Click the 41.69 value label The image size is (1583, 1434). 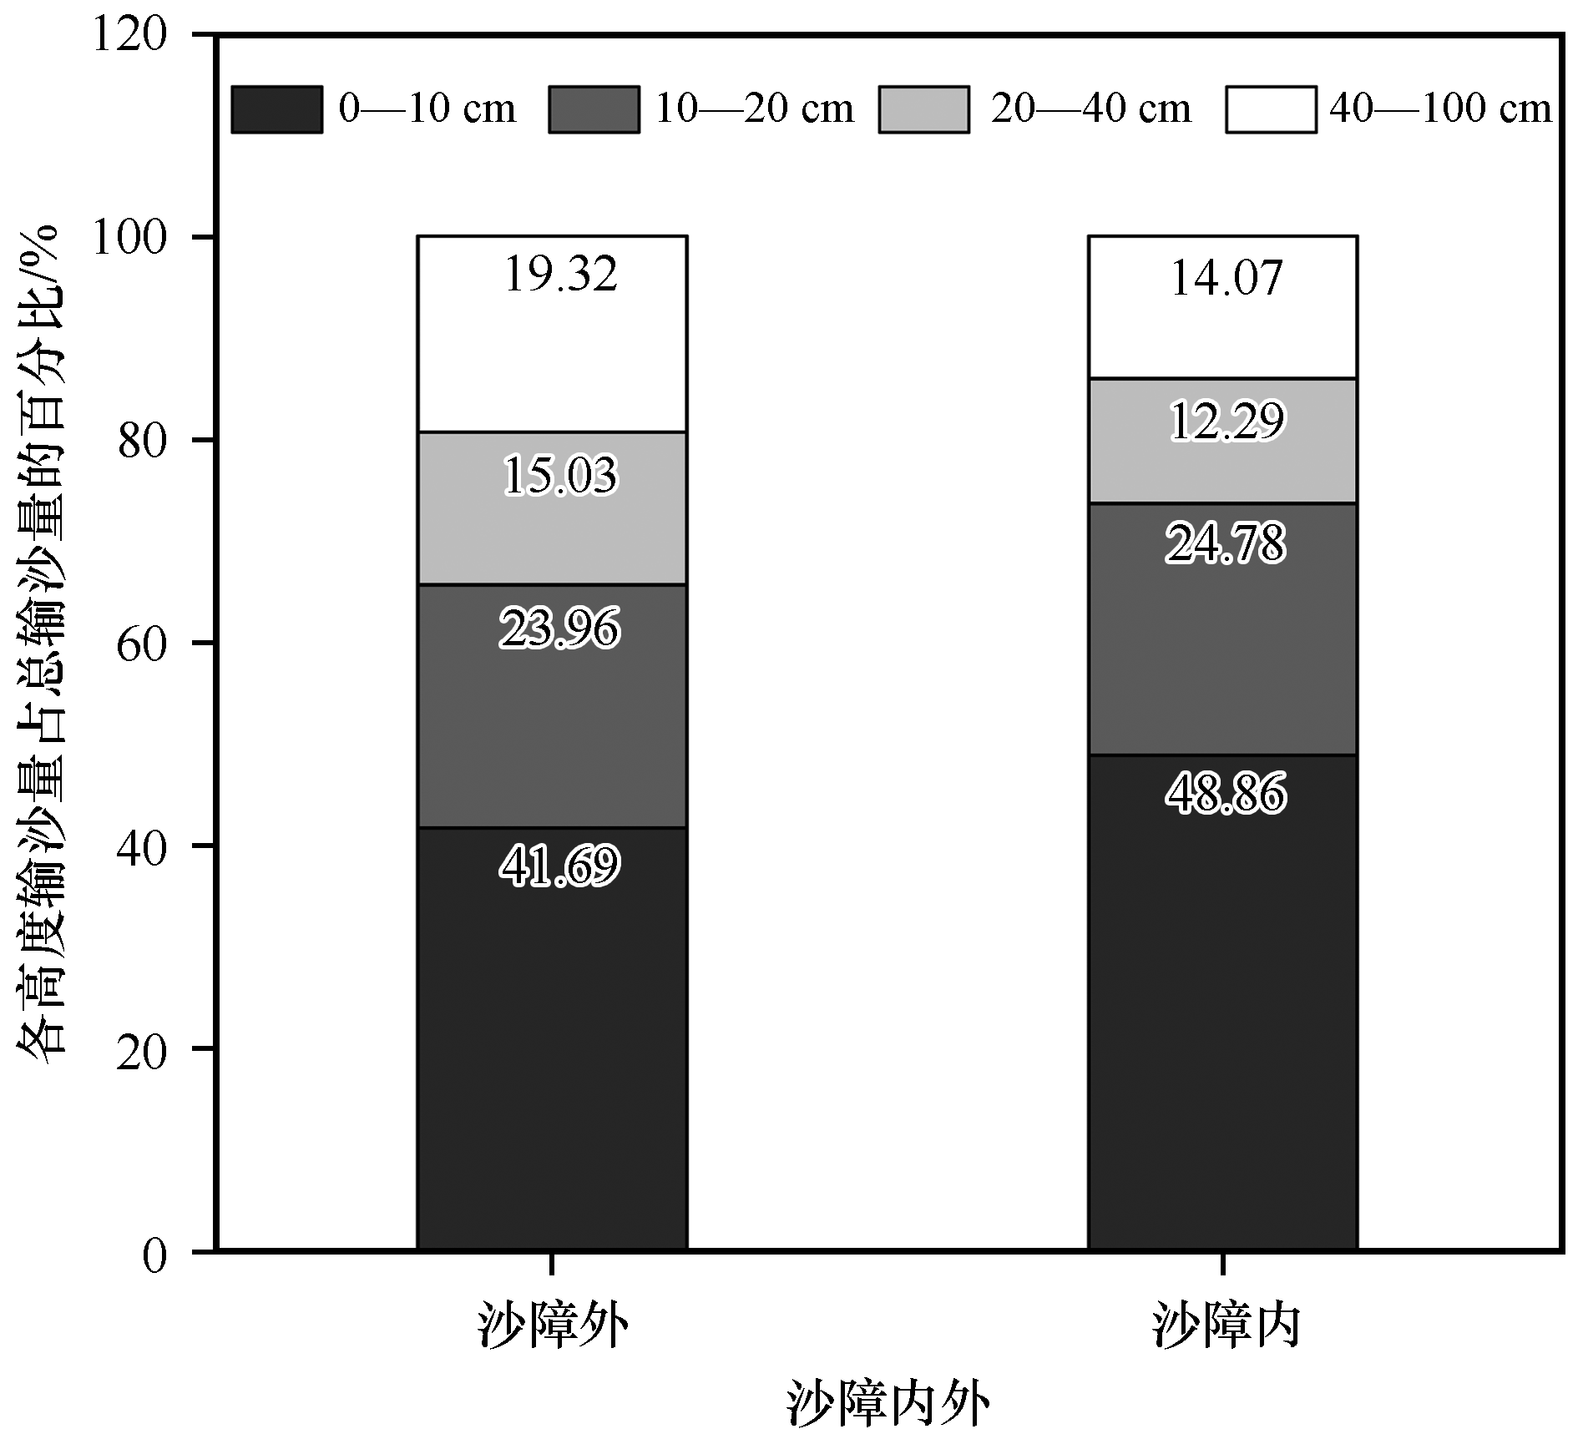coord(559,866)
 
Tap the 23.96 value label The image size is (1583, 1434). coord(559,629)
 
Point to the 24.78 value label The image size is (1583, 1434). coord(1226,543)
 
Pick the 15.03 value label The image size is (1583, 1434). coord(559,475)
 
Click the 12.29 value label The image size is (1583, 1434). coord(1226,422)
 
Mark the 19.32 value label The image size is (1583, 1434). coord(561,275)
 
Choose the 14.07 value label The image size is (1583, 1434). coord(1226,279)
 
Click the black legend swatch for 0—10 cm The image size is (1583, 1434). coord(276,109)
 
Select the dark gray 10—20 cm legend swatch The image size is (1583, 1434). coord(594,109)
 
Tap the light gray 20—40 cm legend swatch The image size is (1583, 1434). coord(923,109)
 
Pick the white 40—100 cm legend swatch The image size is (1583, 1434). coord(1271,109)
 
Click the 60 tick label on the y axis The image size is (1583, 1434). coord(142,644)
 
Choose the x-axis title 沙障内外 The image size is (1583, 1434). coord(888,1405)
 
